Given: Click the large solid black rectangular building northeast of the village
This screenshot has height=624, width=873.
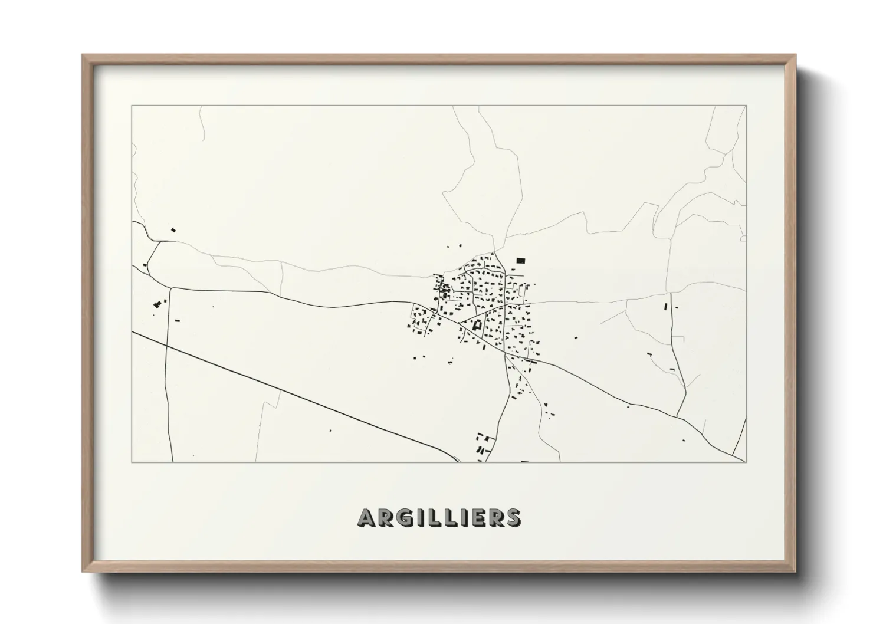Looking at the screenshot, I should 520,260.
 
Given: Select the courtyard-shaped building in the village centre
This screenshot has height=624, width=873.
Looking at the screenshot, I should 477,324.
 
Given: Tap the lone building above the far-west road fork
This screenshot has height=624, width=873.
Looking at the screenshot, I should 173,229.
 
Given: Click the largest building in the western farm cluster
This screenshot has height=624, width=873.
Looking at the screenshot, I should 157,304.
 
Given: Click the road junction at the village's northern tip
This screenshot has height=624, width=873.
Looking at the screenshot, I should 494,252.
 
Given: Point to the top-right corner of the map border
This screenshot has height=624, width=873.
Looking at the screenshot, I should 746,106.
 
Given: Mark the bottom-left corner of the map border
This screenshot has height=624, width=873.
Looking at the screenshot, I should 132,462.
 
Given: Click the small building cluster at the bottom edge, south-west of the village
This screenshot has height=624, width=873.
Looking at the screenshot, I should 483,444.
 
